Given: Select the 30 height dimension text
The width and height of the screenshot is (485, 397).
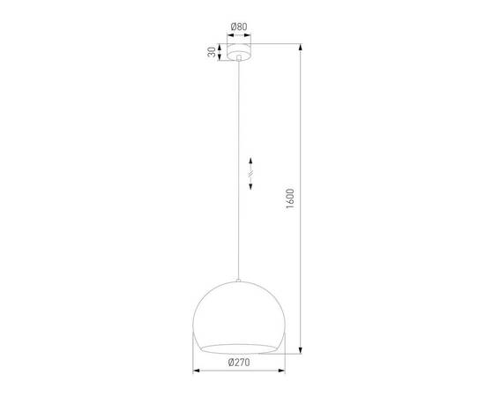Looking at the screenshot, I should pyautogui.click(x=212, y=52).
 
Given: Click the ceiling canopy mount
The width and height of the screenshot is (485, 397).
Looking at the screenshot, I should pyautogui.click(x=237, y=52).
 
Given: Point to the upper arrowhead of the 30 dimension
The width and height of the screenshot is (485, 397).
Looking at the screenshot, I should pyautogui.click(x=218, y=46).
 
